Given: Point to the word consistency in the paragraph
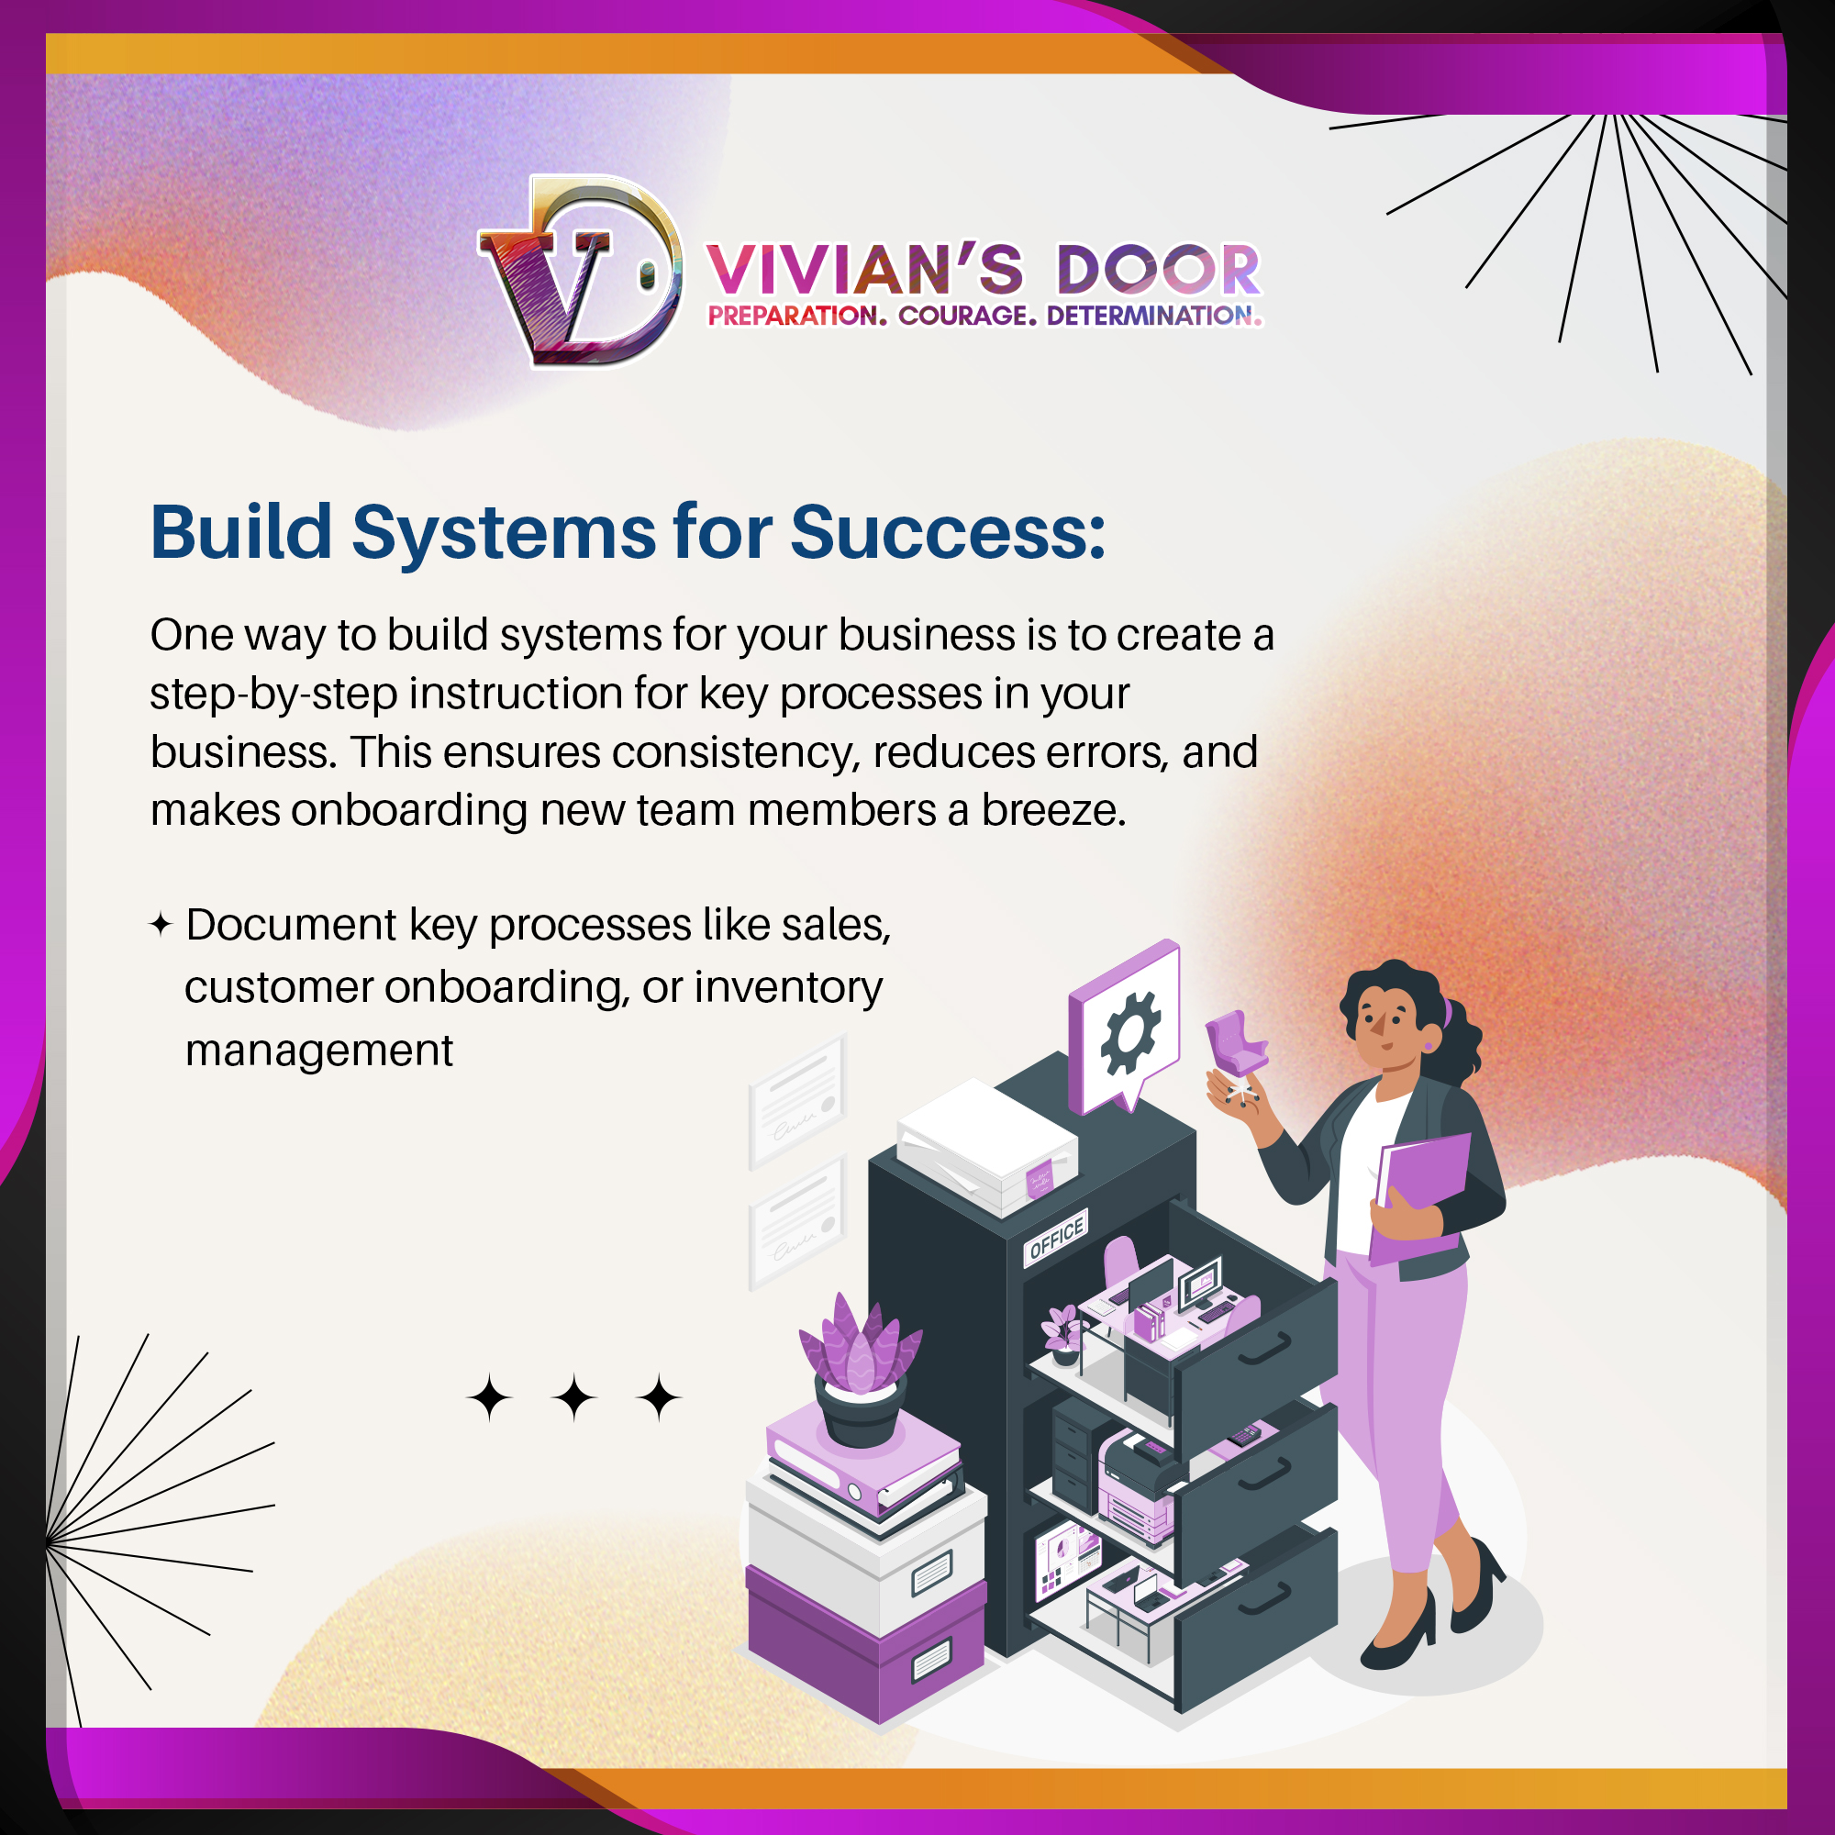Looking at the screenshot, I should [736, 752].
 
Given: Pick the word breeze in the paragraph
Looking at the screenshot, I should [1052, 810].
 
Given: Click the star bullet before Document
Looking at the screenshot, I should [161, 924].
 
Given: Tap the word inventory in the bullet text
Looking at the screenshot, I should [788, 987].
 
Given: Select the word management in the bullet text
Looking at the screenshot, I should [319, 1051].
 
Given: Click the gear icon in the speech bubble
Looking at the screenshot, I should [1129, 1032].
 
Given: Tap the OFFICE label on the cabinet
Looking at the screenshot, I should [1056, 1238].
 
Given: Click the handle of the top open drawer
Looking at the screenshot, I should [1264, 1349].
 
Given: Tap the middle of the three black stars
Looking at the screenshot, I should [574, 1398].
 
